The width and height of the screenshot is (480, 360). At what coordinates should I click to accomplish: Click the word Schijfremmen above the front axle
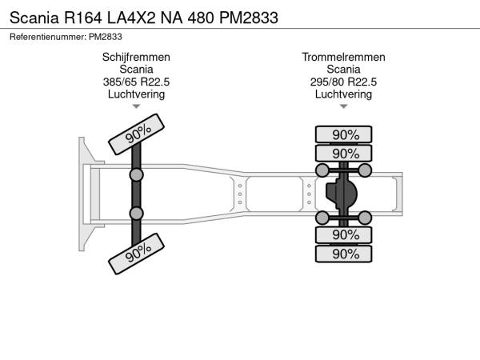click(136, 58)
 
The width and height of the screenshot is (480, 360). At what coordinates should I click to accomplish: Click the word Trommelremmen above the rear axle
click(344, 58)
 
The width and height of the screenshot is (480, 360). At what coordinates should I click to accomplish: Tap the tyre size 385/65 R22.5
click(136, 82)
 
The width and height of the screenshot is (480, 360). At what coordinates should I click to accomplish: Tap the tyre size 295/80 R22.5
click(344, 82)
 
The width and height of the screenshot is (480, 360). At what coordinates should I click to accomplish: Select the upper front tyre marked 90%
click(138, 131)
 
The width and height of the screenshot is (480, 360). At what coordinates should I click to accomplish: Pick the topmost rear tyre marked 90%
click(344, 134)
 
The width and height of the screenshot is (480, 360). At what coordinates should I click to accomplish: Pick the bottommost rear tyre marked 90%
click(344, 254)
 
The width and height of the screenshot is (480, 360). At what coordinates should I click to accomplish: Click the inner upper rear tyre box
click(344, 153)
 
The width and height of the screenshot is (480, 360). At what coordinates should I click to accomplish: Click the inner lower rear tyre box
click(344, 235)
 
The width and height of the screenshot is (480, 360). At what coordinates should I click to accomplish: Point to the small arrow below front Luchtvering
click(136, 106)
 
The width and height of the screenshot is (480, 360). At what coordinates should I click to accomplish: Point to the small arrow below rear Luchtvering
click(344, 106)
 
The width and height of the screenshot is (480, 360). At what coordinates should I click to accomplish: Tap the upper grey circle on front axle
click(137, 174)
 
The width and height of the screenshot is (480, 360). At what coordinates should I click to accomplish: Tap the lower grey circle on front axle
click(137, 213)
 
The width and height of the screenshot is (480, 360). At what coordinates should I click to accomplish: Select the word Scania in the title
click(33, 17)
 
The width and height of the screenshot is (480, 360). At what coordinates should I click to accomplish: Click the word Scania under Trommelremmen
click(344, 70)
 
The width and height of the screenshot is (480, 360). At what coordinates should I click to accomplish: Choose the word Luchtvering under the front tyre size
click(136, 94)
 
